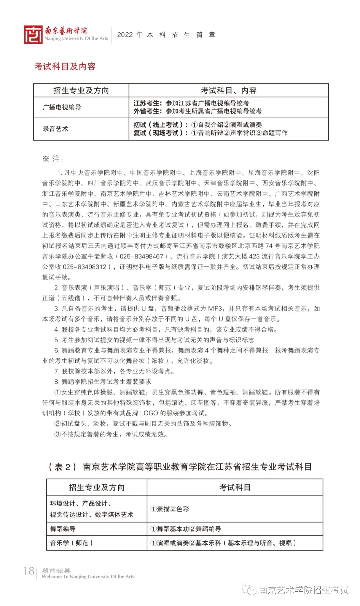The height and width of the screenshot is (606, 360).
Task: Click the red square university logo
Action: pos(33,35)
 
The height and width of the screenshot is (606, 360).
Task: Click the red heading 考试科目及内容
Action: pos(65,66)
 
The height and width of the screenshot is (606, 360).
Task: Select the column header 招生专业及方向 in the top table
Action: pos(81,90)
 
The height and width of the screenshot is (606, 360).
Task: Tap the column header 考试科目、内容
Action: pos(229,90)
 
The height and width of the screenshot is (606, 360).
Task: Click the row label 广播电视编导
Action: pos(62,107)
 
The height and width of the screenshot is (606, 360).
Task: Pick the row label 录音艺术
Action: pos(55,129)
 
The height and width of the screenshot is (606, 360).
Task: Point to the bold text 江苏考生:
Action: pos(148,103)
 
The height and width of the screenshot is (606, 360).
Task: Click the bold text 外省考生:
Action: pos(148,111)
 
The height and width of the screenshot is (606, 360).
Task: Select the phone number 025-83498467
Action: pos(141,256)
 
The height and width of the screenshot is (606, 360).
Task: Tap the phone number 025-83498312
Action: pos(85,267)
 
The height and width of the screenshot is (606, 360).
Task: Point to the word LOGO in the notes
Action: pos(149,413)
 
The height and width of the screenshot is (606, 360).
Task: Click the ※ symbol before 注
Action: pos(46,159)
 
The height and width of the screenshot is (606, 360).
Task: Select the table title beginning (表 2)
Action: pos(180,467)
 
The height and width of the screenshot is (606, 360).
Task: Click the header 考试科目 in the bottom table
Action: pos(235,488)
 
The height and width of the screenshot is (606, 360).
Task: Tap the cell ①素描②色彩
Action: pos(170,509)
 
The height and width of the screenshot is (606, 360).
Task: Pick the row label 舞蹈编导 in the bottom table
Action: pos(63,529)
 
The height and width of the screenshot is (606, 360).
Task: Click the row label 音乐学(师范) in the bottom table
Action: pos(71,543)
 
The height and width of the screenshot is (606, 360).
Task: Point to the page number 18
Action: pos(29,571)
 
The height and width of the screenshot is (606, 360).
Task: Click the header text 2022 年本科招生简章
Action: pos(166,35)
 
